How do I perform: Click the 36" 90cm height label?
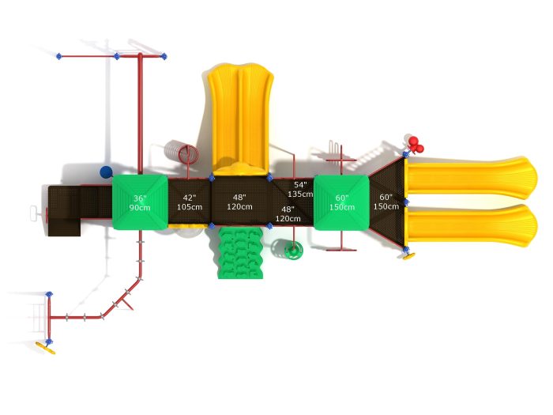pyautogui.click(x=140, y=202)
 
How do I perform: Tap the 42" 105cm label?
pyautogui.click(x=190, y=202)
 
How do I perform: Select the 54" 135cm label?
pyautogui.click(x=299, y=189)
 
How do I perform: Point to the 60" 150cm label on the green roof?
pyautogui.click(x=341, y=202)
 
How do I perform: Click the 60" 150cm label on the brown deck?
pyautogui.click(x=386, y=202)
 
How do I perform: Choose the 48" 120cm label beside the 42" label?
pyautogui.click(x=239, y=202)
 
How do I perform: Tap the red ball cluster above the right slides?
pyautogui.click(x=415, y=145)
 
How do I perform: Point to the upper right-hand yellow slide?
pyautogui.click(x=471, y=177)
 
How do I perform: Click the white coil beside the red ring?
pyautogui.click(x=170, y=150)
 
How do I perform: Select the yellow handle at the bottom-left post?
pyautogui.click(x=46, y=345)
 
